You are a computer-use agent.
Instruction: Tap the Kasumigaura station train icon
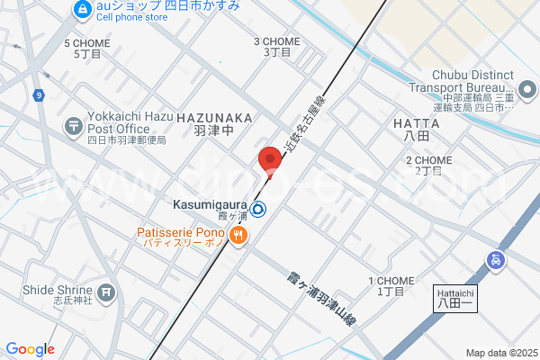[x=258, y=210]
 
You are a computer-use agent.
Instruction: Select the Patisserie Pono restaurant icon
[x=238, y=236]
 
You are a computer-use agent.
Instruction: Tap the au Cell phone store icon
[x=83, y=10]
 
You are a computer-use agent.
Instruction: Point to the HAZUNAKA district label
[x=214, y=118]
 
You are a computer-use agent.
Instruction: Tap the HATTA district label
[x=416, y=122]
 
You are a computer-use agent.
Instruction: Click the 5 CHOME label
[x=86, y=43]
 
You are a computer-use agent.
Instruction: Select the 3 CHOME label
[x=276, y=41]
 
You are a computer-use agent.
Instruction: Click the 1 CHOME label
[x=391, y=282]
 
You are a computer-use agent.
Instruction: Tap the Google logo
[x=30, y=349]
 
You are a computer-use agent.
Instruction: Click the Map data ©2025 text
[x=500, y=353]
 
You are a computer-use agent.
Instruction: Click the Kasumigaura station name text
[x=210, y=206]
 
